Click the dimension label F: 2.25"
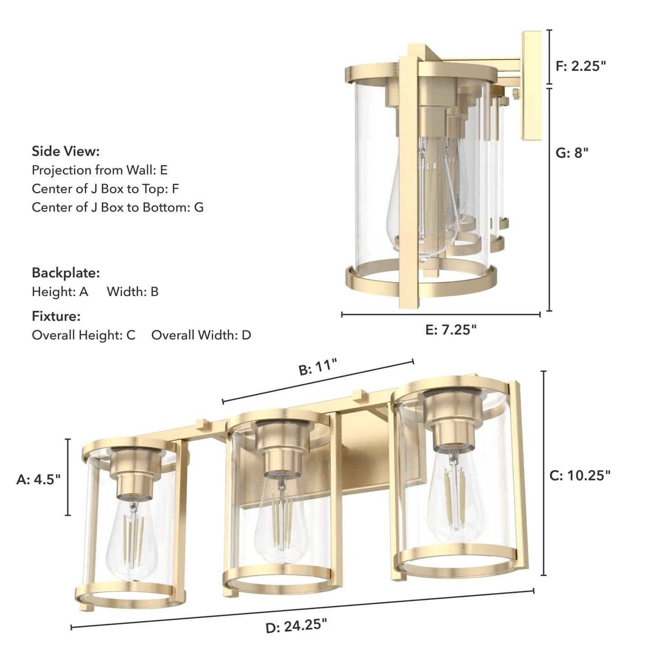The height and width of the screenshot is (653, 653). (x=580, y=66)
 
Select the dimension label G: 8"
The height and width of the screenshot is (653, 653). (x=572, y=153)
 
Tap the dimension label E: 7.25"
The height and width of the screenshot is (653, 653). (x=451, y=330)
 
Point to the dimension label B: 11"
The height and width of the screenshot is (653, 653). (x=318, y=367)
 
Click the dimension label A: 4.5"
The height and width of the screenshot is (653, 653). (x=38, y=479)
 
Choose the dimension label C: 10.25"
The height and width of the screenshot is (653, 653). (x=580, y=475)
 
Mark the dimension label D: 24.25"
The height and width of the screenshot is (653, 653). (x=296, y=626)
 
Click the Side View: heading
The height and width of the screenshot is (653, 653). (x=66, y=151)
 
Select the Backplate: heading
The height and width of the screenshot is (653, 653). (x=66, y=273)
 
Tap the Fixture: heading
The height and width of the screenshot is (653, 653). (x=56, y=316)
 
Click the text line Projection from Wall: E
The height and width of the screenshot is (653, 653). (x=99, y=170)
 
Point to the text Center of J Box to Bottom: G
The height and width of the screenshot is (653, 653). (x=117, y=207)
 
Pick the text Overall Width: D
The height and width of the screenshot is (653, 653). (x=201, y=335)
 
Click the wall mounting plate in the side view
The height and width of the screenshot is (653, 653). (x=531, y=86)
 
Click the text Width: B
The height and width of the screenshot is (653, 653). (x=132, y=292)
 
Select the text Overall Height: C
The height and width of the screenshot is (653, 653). (x=84, y=335)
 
